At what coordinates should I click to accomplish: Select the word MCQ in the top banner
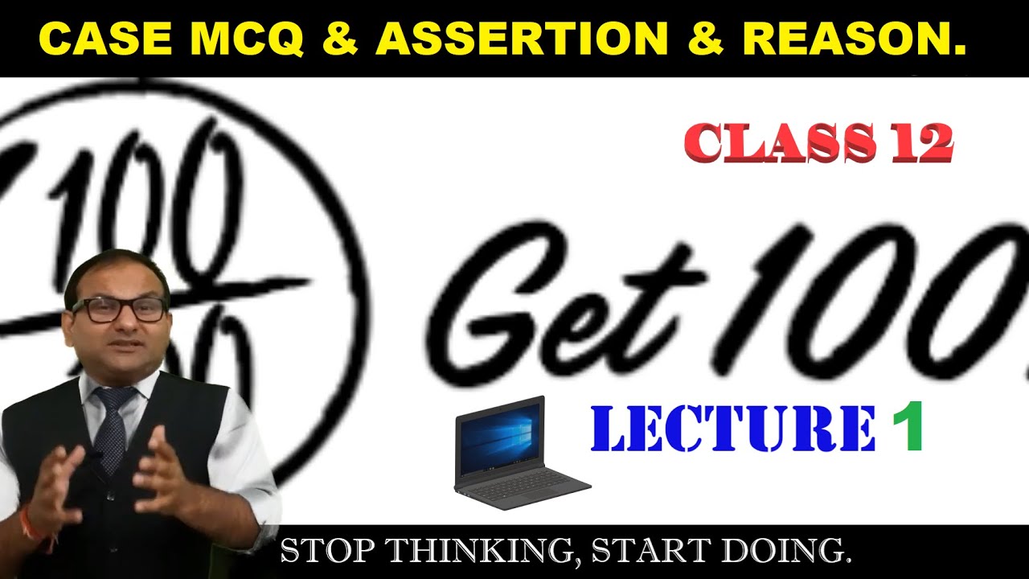click(x=248, y=39)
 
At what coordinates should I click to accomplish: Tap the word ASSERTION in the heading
click(x=522, y=39)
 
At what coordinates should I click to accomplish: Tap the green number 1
click(x=906, y=429)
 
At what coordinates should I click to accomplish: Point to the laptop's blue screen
click(x=501, y=437)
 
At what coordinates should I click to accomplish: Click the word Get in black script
click(x=563, y=302)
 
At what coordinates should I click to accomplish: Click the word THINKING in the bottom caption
click(x=475, y=552)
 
